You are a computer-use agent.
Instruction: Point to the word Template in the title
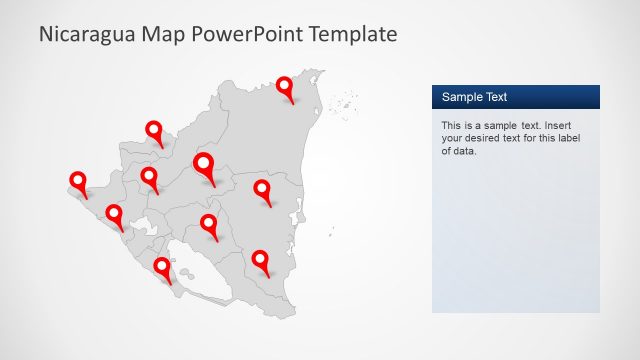353,34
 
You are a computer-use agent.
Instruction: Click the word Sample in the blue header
462,97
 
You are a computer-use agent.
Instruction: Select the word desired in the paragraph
489,139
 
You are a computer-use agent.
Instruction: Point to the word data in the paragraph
465,152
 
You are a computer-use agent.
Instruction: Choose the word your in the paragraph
453,139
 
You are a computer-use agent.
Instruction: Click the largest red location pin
204,165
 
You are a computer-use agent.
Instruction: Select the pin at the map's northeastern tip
285,87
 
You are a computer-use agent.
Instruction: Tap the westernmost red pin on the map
78,181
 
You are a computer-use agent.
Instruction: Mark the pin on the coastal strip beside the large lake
162,267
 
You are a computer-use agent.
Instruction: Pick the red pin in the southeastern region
261,260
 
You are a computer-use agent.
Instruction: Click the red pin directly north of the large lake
209,223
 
